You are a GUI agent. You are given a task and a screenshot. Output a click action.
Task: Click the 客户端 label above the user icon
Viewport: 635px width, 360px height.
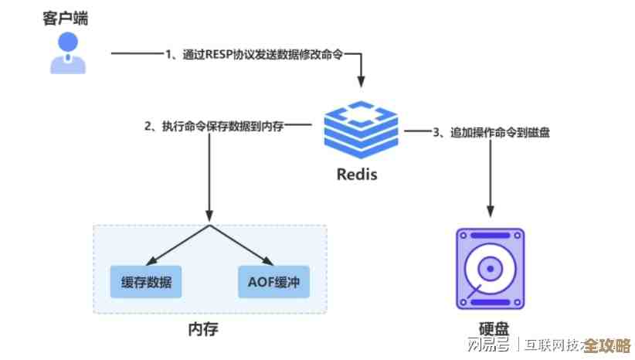pyautogui.click(x=64, y=19)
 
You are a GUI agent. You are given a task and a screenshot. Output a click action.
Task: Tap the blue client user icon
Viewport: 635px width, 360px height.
pyautogui.click(x=64, y=53)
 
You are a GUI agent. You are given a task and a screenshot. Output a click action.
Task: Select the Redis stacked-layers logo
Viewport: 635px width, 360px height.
pyautogui.click(x=361, y=127)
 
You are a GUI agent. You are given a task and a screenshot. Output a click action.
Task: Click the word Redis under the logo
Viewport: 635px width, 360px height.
pyautogui.click(x=357, y=174)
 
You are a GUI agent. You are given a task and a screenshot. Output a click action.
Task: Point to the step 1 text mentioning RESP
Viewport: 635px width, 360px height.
pyautogui.click(x=253, y=55)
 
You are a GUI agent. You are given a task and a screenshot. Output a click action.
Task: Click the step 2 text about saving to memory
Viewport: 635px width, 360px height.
pyautogui.click(x=214, y=125)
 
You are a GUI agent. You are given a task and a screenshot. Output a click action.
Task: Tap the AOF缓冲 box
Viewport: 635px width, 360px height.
pyautogui.click(x=273, y=281)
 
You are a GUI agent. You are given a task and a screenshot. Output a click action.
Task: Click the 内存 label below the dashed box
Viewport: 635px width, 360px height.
pyautogui.click(x=204, y=329)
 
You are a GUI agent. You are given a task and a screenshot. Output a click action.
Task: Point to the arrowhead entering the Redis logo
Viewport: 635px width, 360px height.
pyautogui.click(x=360, y=80)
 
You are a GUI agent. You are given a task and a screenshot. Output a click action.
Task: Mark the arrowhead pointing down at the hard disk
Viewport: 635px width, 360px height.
pyautogui.click(x=490, y=211)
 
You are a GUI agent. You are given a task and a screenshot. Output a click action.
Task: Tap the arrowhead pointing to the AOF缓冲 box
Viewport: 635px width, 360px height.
pyautogui.click(x=266, y=260)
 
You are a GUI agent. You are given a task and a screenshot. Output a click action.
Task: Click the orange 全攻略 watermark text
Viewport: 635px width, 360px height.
pyautogui.click(x=607, y=345)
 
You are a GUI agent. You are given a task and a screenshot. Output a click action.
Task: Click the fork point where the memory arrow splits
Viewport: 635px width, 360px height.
pyautogui.click(x=209, y=226)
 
